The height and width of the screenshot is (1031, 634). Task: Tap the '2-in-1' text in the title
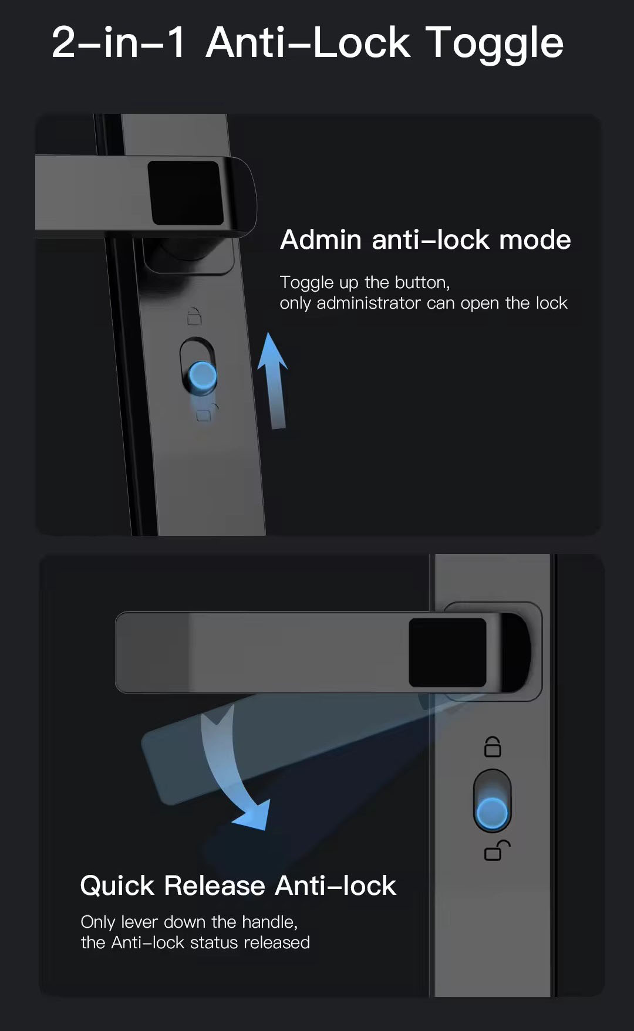point(119,42)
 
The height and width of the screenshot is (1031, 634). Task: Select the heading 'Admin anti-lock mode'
point(425,239)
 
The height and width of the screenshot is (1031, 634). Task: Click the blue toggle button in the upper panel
point(203,376)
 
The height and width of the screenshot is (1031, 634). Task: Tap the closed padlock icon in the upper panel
point(194,316)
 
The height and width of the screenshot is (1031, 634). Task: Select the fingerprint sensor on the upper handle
point(185,192)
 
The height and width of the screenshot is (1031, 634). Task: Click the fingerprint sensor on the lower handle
point(447,652)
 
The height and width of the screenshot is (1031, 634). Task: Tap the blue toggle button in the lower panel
point(492,813)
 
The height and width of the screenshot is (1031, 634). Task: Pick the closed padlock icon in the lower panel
point(493,747)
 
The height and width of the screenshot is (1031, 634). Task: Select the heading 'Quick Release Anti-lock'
point(238,885)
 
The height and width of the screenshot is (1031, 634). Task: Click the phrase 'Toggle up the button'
point(365,283)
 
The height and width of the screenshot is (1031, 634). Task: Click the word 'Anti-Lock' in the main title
point(308,42)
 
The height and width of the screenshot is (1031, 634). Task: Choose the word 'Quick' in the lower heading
point(117,885)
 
